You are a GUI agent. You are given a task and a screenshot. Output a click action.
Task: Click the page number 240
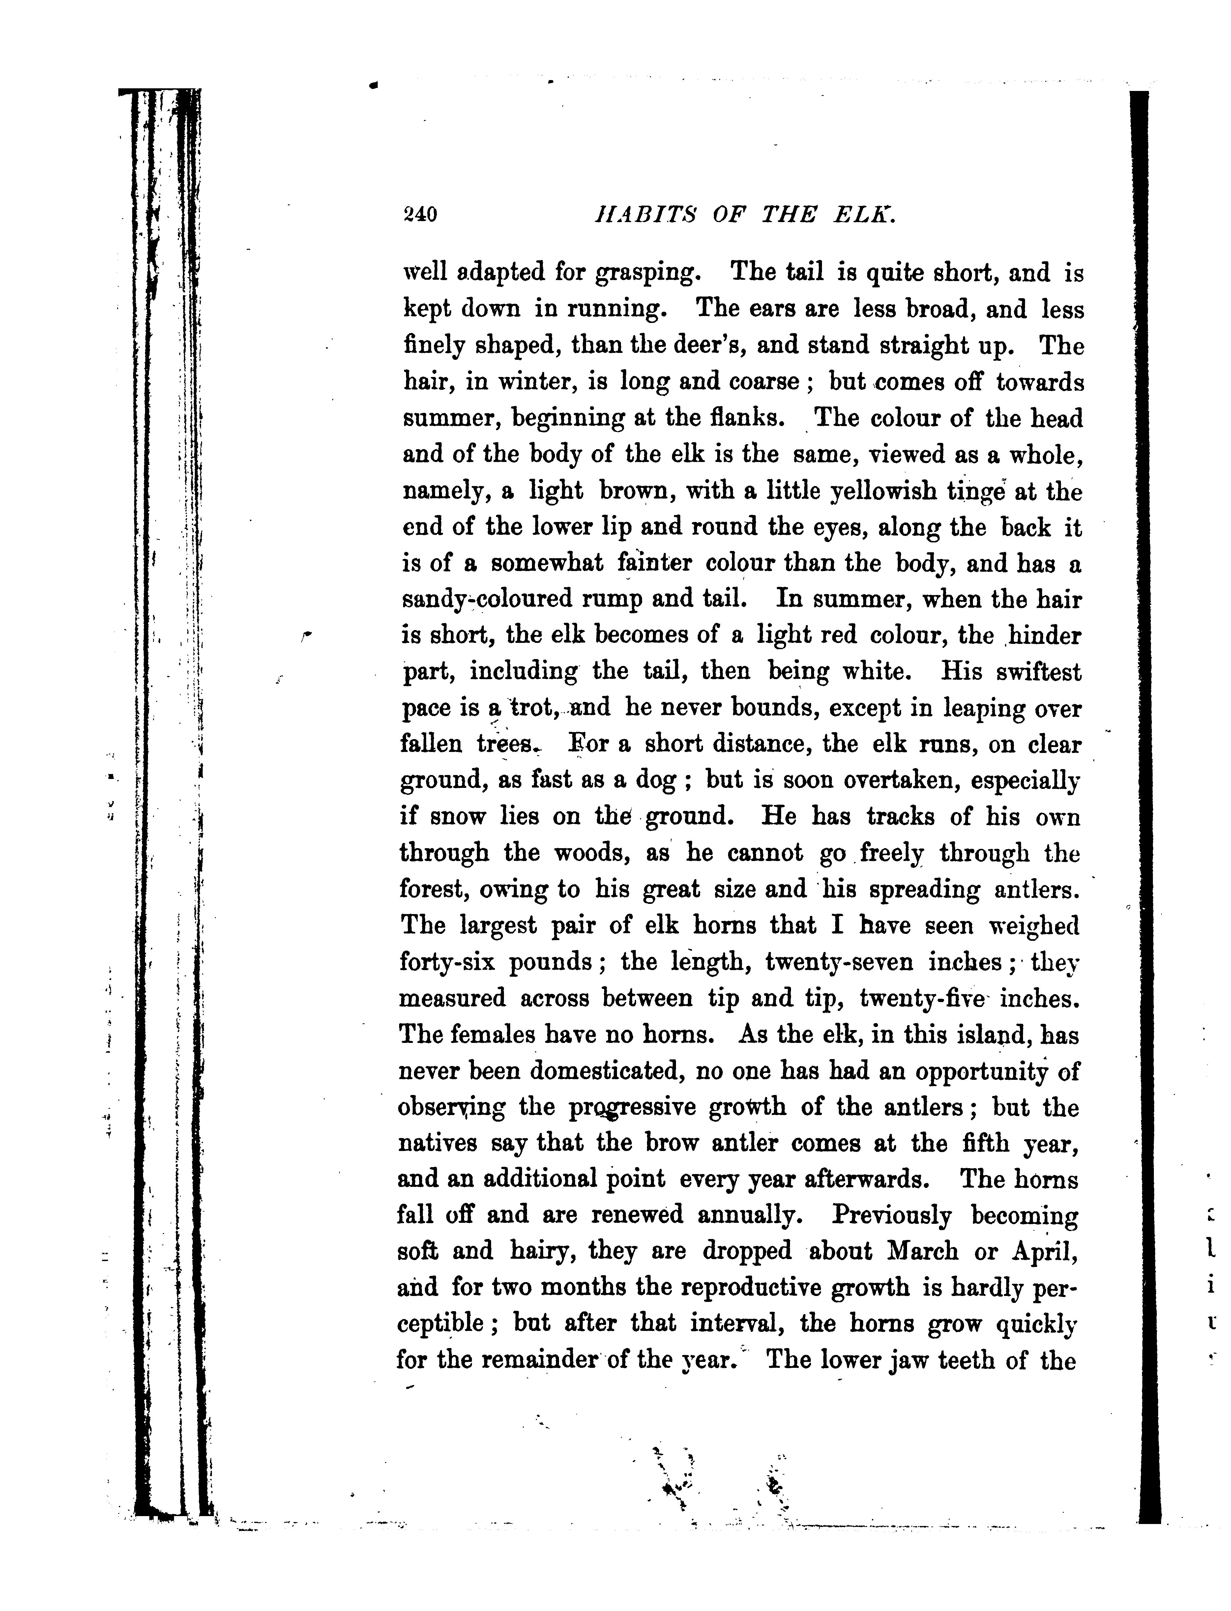420,215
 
